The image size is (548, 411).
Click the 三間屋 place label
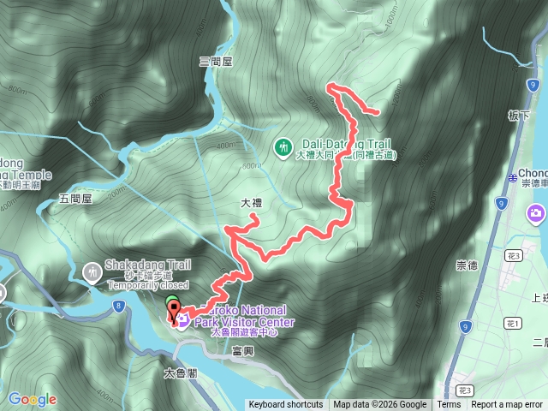click(216, 62)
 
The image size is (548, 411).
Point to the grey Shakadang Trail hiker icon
click(92, 272)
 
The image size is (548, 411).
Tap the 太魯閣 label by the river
click(181, 373)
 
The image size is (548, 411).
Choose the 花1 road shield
click(513, 323)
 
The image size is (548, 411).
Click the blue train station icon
click(512, 176)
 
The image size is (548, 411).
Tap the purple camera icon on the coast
click(537, 212)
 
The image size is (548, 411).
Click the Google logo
click(32, 399)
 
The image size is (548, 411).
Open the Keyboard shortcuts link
click(286, 405)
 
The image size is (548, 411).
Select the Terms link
click(449, 405)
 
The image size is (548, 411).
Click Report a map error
click(507, 405)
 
